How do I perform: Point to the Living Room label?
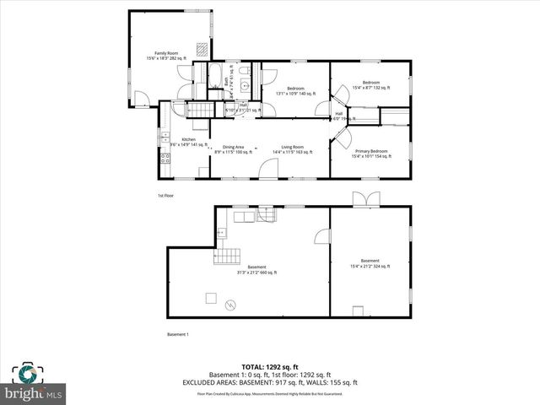(x=292, y=149)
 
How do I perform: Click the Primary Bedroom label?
(x=371, y=153)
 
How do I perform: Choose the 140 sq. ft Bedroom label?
(x=295, y=91)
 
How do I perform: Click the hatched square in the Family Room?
(x=202, y=48)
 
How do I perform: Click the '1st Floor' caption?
(x=165, y=196)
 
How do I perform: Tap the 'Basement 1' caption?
(x=178, y=334)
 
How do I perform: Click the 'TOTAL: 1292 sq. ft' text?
(x=270, y=366)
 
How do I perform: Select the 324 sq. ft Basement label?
(x=370, y=263)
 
